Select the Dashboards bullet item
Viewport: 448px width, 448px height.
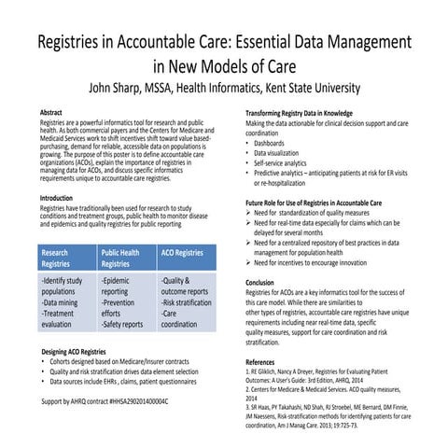pyautogui.click(x=275, y=144)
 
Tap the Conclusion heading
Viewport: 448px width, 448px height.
pyautogui.click(x=265, y=281)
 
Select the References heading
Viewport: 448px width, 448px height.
pyautogui.click(x=266, y=360)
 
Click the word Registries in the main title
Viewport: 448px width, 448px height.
pyautogui.click(x=78, y=45)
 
